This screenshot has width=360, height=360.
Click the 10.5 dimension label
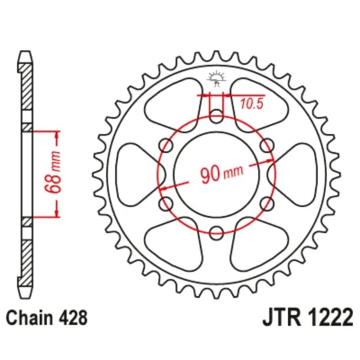[251, 103]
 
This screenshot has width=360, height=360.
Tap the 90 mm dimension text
[221, 174]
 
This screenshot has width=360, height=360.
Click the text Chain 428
[47, 318]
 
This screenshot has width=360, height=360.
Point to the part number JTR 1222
[307, 318]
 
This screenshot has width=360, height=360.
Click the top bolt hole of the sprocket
[216, 116]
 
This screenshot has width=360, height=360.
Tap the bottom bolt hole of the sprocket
[216, 233]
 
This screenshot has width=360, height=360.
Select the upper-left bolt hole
[166, 146]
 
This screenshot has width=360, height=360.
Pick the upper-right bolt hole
[266, 146]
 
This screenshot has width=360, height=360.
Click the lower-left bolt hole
[166, 203]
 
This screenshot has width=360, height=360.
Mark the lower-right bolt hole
[266, 203]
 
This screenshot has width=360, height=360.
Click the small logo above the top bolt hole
[216, 79]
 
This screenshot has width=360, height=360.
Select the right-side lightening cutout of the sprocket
[295, 175]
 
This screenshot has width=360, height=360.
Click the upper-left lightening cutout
[173, 102]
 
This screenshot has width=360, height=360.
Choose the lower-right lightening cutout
[260, 247]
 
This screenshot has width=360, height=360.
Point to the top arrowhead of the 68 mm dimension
[57, 136]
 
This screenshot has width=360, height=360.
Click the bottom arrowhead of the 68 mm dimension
[57, 212]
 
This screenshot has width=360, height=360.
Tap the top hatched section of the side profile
[27, 86]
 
